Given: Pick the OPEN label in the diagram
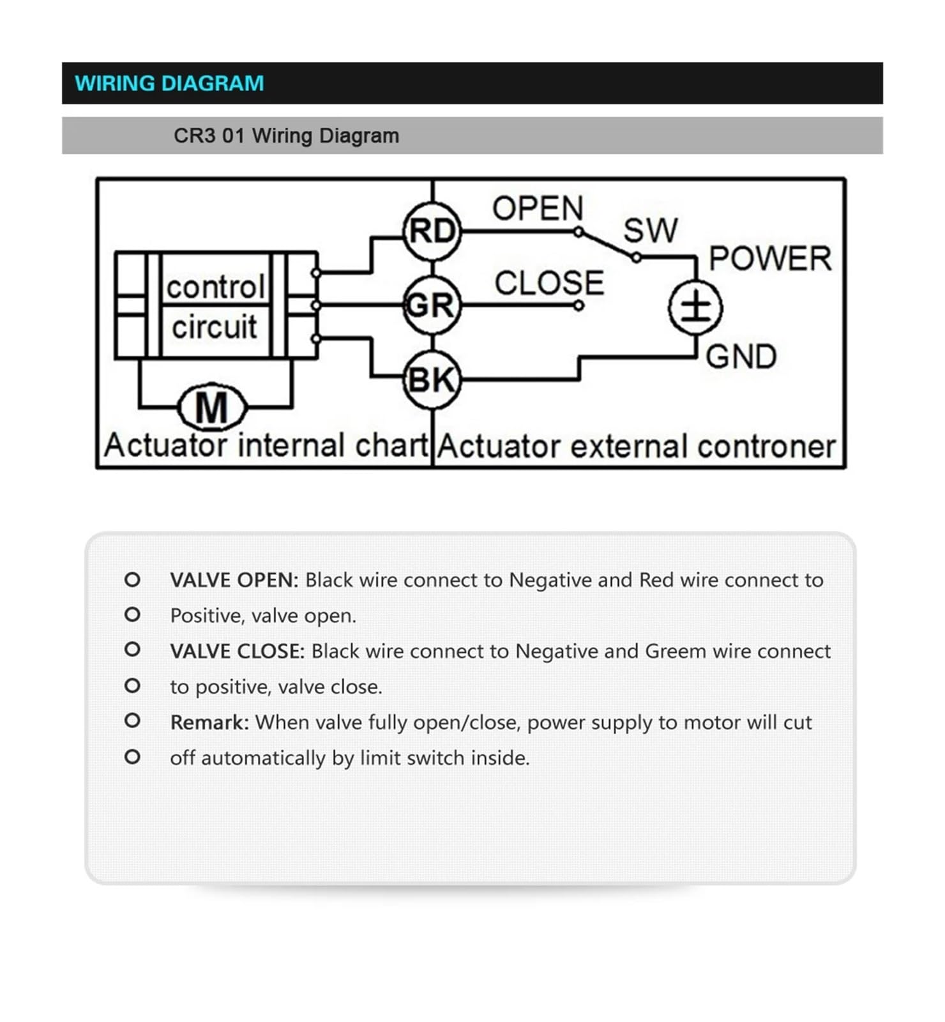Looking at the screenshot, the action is tap(538, 208).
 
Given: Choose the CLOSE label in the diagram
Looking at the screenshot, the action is tap(549, 283).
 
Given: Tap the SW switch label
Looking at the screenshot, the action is tap(650, 230).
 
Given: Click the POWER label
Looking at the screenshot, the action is tap(770, 259).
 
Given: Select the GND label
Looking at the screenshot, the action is tap(741, 356).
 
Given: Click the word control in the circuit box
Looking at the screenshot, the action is tap(215, 287).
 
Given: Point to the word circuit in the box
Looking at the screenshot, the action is tap(215, 327).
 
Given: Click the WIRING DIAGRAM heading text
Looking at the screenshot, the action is tap(169, 83).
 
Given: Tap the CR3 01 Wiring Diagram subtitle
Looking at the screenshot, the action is tap(286, 135).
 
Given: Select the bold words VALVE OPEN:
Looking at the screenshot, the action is tap(234, 580).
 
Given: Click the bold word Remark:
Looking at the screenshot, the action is tap(209, 722).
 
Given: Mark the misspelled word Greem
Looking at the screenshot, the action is tap(676, 651).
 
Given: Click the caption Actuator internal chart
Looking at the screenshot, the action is tap(266, 445).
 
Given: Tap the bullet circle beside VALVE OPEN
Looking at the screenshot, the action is tap(132, 579).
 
